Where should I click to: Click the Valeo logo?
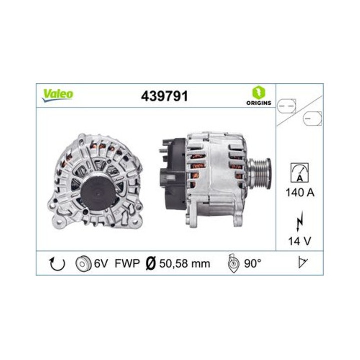point(58,94)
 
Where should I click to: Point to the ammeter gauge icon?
point(300,172)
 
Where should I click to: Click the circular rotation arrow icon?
point(57,263)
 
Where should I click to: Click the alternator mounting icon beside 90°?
point(233,263)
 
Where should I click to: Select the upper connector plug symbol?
point(287,106)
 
